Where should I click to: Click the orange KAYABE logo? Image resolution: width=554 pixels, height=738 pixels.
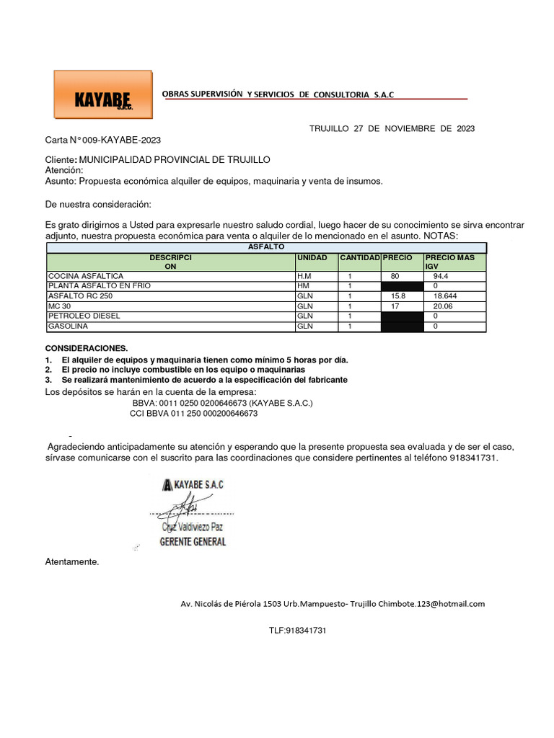[103, 94]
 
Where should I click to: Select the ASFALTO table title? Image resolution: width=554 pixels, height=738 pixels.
[266, 246]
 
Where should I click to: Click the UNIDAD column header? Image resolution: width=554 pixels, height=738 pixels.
[312, 257]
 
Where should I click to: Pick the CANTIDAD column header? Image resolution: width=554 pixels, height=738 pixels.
[359, 257]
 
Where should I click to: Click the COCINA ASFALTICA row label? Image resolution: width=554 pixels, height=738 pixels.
[85, 276]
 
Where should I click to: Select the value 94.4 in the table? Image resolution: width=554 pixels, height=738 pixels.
[441, 276]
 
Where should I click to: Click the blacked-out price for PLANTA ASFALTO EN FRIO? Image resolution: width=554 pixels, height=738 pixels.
[402, 286]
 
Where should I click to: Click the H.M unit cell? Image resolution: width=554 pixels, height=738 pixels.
[304, 276]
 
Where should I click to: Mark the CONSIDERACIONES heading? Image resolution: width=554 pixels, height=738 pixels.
[86, 348]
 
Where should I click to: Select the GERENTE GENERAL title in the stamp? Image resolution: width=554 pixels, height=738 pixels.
[192, 541]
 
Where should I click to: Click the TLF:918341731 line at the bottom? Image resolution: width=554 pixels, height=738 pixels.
[298, 630]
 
